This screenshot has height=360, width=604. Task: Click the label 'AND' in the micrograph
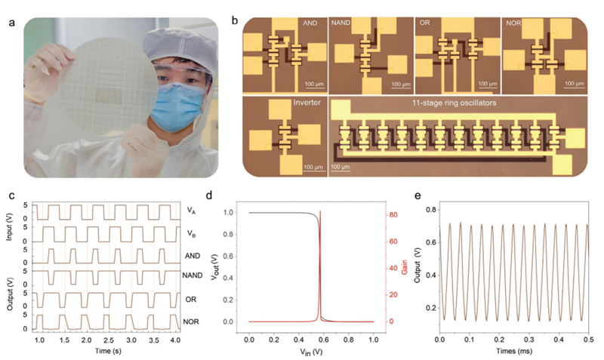(x=310, y=24)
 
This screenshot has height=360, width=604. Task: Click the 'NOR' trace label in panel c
(x=193, y=322)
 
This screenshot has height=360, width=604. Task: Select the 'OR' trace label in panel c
(x=191, y=300)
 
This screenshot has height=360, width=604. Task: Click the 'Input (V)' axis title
(x=8, y=223)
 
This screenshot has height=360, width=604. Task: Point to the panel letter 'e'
(x=420, y=196)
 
